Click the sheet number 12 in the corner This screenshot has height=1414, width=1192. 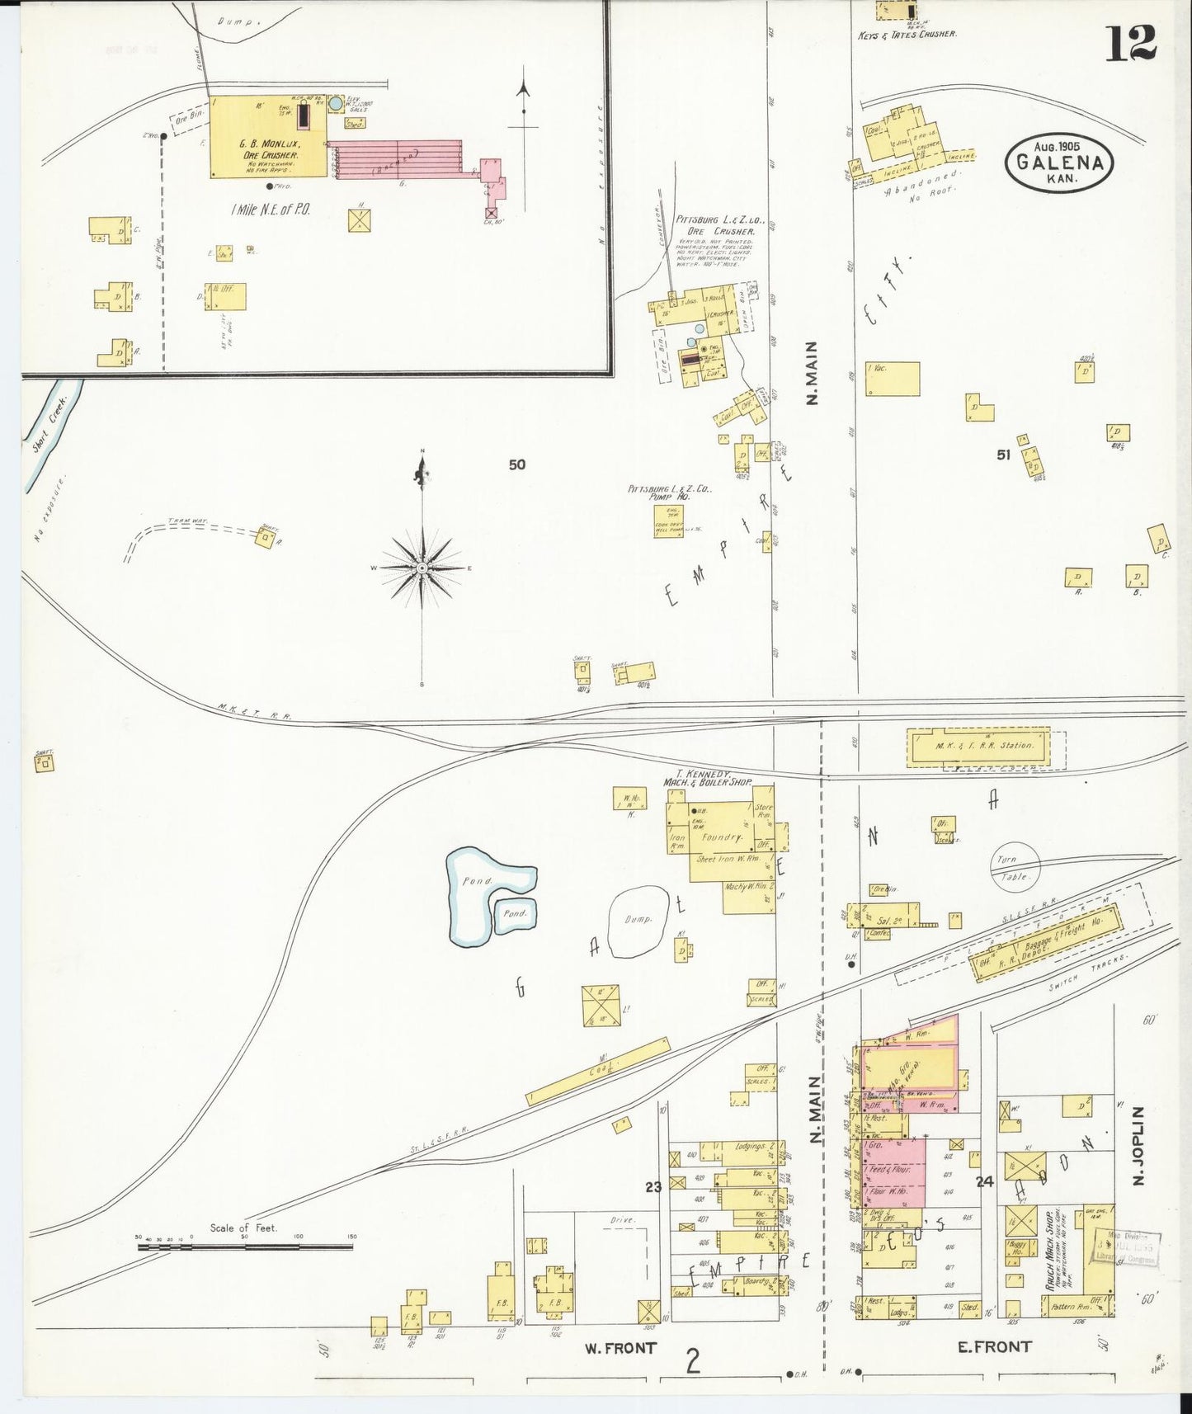[1131, 43]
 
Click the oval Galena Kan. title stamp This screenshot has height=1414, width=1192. [1059, 163]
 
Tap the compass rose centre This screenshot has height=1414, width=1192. [422, 568]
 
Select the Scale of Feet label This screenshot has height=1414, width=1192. [243, 1228]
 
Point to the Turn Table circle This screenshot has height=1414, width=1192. [1015, 867]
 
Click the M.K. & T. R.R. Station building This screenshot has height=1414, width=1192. [978, 746]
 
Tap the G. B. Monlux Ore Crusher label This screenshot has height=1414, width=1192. [270, 149]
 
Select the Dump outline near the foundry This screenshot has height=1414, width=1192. [638, 919]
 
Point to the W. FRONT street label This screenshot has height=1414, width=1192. [620, 1348]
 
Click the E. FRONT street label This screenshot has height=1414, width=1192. [993, 1346]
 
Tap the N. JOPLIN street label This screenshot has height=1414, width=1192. [1139, 1146]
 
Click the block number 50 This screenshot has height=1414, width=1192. [516, 464]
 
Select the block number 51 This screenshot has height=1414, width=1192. [1003, 454]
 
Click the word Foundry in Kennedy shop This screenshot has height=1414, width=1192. [723, 837]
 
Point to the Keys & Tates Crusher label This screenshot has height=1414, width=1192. [907, 35]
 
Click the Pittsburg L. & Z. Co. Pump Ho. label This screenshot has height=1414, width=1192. [670, 493]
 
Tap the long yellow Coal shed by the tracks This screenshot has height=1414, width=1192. [598, 1071]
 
